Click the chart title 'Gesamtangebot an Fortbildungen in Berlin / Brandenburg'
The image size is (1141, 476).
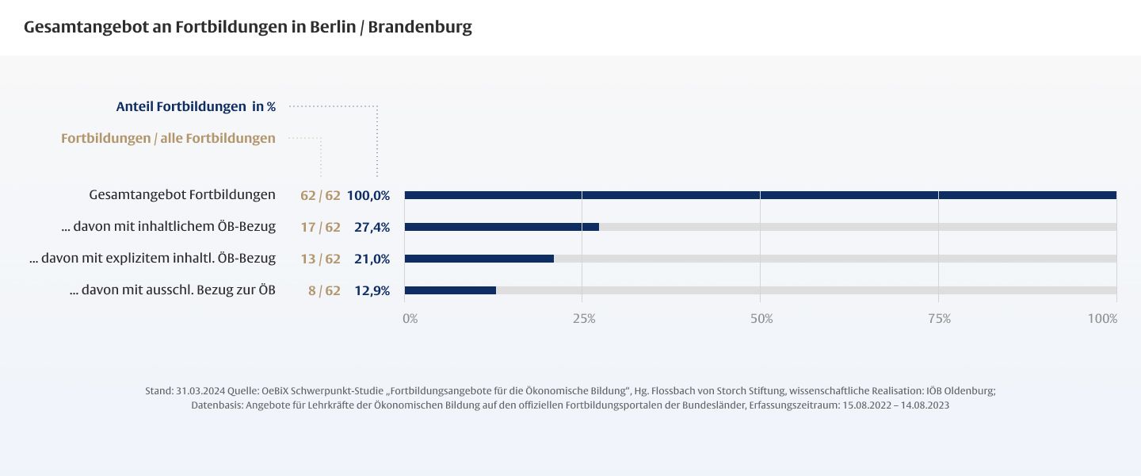pyautogui.click(x=247, y=27)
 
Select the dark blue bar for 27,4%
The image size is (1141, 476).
pyautogui.click(x=502, y=227)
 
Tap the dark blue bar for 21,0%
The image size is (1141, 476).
pyautogui.click(x=479, y=259)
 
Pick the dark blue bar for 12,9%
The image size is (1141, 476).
pyautogui.click(x=450, y=290)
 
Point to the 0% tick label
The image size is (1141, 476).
pyautogui.click(x=410, y=319)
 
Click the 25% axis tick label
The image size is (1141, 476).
pyautogui.click(x=584, y=319)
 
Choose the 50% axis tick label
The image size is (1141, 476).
pyautogui.click(x=761, y=319)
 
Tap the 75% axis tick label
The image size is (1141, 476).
pyautogui.click(x=939, y=319)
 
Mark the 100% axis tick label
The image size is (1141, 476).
pyautogui.click(x=1102, y=319)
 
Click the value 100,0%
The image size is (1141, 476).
pyautogui.click(x=368, y=195)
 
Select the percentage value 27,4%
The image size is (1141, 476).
pyautogui.click(x=372, y=227)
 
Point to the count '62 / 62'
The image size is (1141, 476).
pyautogui.click(x=320, y=195)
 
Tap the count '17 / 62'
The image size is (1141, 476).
pyautogui.click(x=320, y=227)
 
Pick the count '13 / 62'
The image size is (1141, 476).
pyautogui.click(x=320, y=259)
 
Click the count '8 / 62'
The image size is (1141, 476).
pyautogui.click(x=324, y=290)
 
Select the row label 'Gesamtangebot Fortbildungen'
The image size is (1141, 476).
pyautogui.click(x=182, y=194)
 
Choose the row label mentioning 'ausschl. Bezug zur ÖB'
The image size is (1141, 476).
pyautogui.click(x=173, y=290)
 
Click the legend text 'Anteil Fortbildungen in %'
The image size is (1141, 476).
pyautogui.click(x=196, y=106)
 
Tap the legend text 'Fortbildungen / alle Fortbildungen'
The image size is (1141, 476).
pyautogui.click(x=168, y=138)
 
